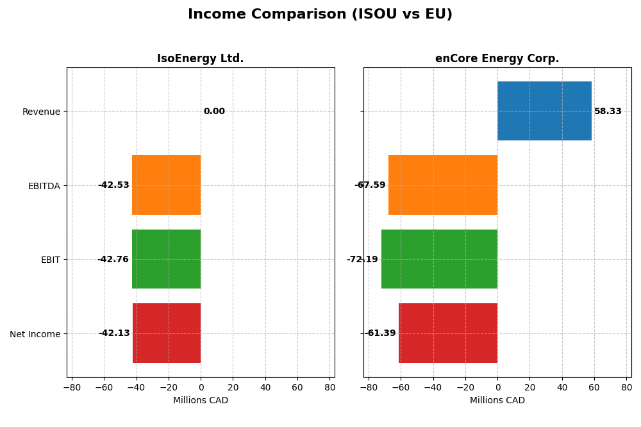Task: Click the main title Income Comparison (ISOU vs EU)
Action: pos(320,15)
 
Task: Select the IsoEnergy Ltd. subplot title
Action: pos(200,59)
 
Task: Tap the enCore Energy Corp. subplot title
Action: pos(497,59)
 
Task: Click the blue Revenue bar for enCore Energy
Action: pos(544,111)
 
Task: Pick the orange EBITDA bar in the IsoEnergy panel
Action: pos(166,185)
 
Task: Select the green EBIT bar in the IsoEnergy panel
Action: pos(166,259)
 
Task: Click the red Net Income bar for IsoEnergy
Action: pos(167,333)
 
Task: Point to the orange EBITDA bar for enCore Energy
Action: pos(443,185)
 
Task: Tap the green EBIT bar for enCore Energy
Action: pos(439,259)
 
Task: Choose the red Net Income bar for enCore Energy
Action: pos(448,333)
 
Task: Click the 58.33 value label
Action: pos(608,112)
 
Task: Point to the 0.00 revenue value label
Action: pos(214,112)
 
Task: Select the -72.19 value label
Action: pos(362,260)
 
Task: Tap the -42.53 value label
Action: pos(113,185)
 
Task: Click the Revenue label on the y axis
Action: pos(41,112)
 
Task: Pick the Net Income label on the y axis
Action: pos(35,334)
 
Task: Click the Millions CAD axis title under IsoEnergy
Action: pos(200,401)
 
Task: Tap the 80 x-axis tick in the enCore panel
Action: pos(626,387)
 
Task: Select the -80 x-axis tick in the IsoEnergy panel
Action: pos(72,387)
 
